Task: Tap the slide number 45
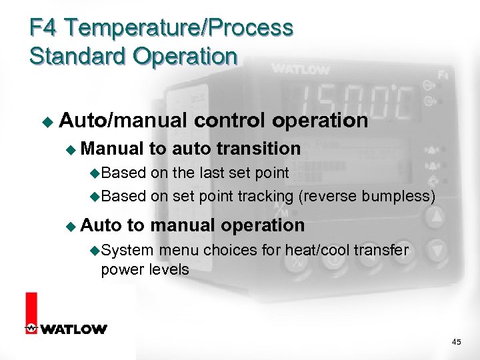456,341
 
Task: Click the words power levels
145,269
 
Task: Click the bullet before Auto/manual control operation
47,122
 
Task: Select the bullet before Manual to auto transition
71,149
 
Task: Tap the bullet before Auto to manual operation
71,226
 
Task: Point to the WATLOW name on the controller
300,69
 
